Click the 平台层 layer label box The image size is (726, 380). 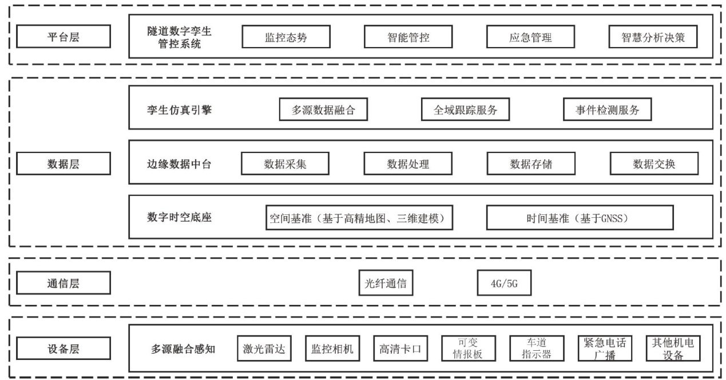(x=63, y=37)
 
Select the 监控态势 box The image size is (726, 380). (x=285, y=37)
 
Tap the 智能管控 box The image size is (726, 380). (x=408, y=37)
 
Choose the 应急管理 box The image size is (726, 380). (x=530, y=37)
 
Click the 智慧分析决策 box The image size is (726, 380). (x=653, y=37)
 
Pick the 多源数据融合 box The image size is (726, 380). (x=323, y=110)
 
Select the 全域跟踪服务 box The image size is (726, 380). (x=466, y=110)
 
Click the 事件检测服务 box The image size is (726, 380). (x=608, y=110)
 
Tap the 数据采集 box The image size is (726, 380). (x=285, y=164)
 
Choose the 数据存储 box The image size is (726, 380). (x=530, y=164)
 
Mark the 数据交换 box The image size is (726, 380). (x=653, y=164)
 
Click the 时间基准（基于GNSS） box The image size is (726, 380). (x=580, y=218)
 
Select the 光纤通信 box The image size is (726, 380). (x=386, y=283)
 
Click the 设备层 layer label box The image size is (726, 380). (x=63, y=348)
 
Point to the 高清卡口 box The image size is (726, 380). (x=400, y=348)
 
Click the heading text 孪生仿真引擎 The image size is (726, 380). (x=179, y=110)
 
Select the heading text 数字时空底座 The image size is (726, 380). (x=179, y=218)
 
